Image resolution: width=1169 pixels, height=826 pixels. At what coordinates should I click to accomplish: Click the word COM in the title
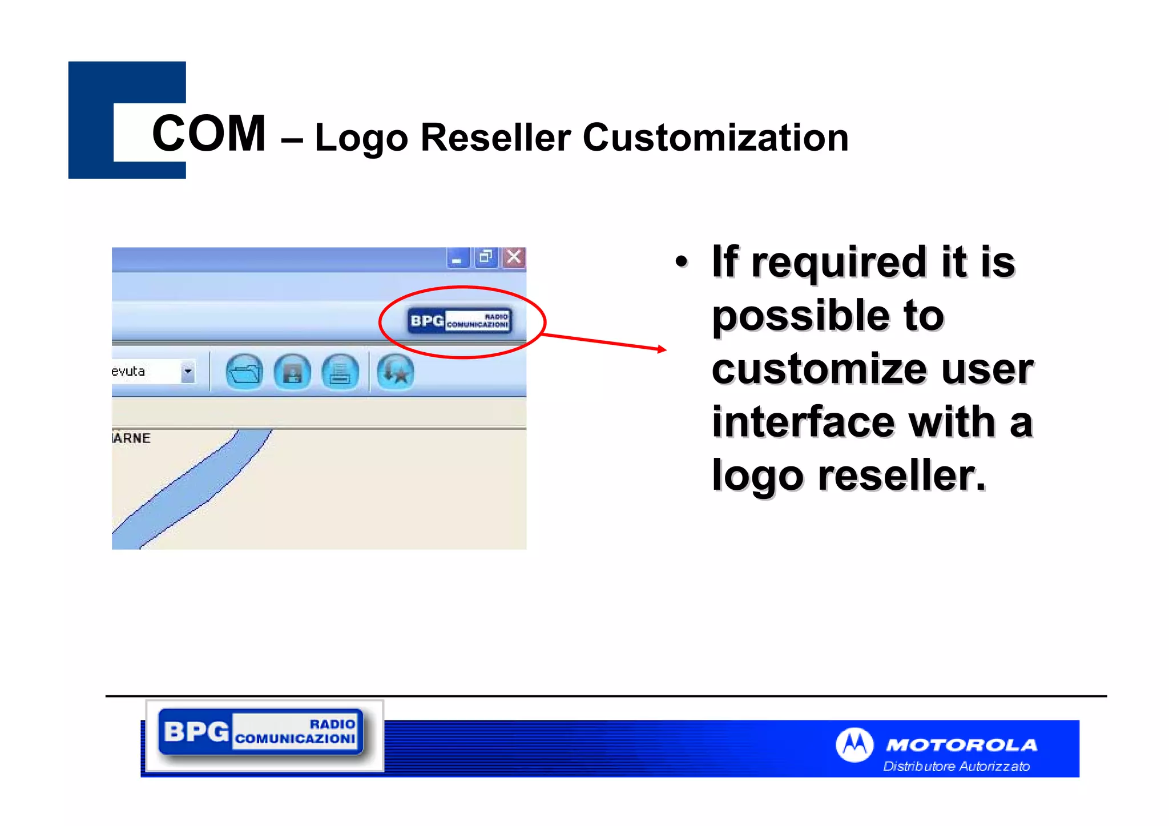click(209, 134)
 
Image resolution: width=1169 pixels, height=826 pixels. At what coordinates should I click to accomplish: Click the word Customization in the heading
click(715, 138)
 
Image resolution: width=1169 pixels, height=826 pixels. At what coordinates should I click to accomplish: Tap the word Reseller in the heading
click(495, 138)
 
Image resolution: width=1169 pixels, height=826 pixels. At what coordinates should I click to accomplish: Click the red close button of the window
click(514, 257)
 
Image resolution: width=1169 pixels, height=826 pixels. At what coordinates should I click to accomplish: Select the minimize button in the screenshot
click(457, 259)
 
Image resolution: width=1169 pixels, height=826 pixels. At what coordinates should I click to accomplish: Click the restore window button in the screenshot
click(486, 257)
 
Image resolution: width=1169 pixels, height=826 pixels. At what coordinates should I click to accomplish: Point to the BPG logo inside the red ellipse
click(459, 321)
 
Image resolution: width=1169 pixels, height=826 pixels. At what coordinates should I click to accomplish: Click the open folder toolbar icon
click(244, 372)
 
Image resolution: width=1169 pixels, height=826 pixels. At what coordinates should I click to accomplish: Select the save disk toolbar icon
click(292, 372)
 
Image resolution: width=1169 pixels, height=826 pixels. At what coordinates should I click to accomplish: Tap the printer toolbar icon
click(340, 372)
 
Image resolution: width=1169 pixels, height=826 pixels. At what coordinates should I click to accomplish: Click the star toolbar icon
click(395, 372)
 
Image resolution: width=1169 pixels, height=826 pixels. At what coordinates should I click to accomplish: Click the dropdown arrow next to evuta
click(188, 372)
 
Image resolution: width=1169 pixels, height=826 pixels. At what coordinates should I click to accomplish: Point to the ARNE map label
click(132, 438)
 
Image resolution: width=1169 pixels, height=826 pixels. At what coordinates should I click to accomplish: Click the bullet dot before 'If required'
click(681, 262)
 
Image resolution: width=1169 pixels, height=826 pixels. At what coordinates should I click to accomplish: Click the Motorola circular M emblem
click(854, 744)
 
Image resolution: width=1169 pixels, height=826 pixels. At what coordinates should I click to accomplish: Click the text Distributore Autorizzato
click(957, 766)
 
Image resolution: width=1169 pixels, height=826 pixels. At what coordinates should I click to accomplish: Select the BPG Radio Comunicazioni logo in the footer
click(261, 732)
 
